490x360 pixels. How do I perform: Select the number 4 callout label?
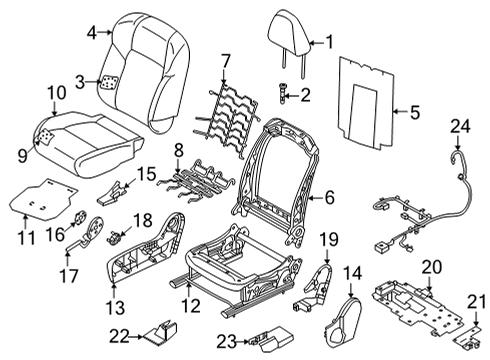(x=92, y=32)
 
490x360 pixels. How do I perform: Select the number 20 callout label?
(x=431, y=267)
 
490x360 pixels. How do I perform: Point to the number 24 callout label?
(x=459, y=126)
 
